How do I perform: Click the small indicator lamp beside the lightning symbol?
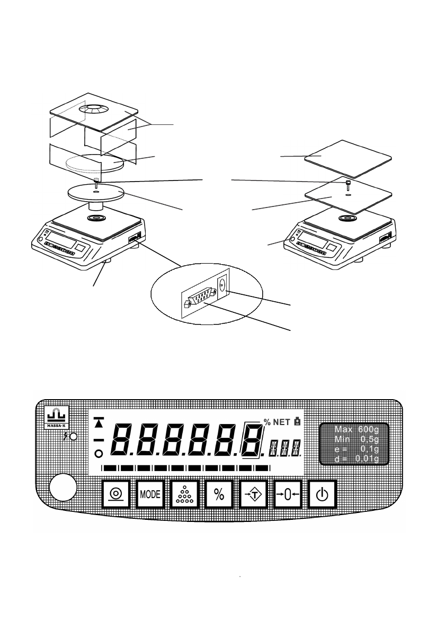(x=74, y=437)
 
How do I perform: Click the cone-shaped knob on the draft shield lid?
(x=93, y=110)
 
